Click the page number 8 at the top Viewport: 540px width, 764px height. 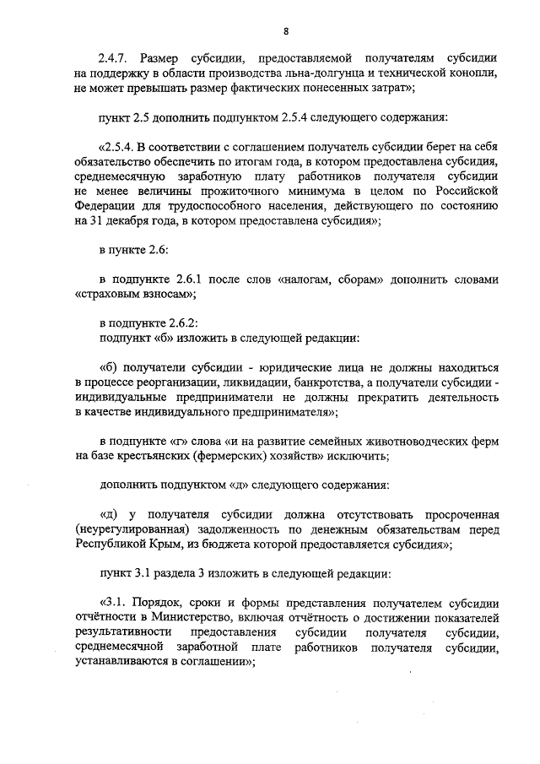click(286, 32)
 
